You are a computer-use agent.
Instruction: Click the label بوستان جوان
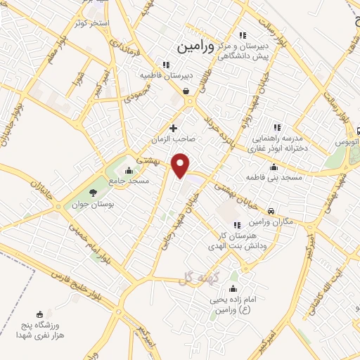[92, 205]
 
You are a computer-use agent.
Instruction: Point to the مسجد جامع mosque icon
[128, 169]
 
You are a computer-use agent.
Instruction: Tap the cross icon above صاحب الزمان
[173, 128]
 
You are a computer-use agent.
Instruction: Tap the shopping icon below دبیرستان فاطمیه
[185, 91]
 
